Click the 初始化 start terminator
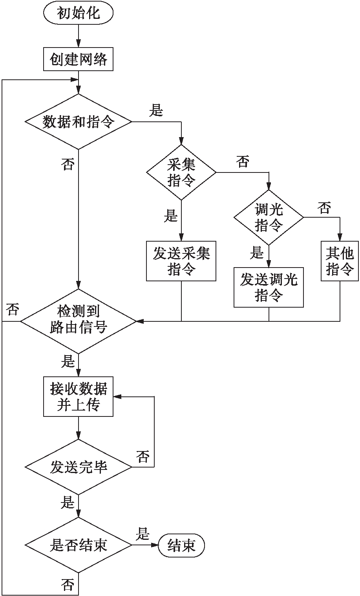[79, 14]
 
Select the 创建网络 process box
[79, 60]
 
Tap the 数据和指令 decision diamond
[79, 122]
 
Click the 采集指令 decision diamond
[181, 172]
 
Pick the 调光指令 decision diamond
[269, 217]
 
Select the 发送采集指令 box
[181, 261]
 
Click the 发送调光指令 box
[269, 287]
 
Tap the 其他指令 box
[340, 261]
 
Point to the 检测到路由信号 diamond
[79, 321]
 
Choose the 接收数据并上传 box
[79, 397]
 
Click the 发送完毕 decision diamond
[79, 467]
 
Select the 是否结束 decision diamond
[79, 545]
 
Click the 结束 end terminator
[181, 545]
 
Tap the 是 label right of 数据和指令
[156, 111]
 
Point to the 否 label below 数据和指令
[68, 164]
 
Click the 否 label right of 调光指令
[324, 208]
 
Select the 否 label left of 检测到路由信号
[13, 310]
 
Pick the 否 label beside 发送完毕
[143, 457]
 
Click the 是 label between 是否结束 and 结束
[143, 534]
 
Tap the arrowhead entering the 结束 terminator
[155, 545]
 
